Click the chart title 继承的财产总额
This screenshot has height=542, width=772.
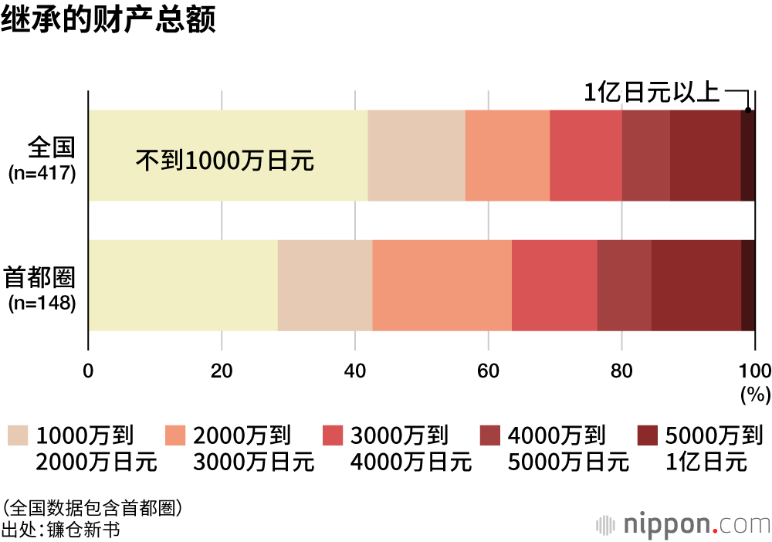[x=107, y=19]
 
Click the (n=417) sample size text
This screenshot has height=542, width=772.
[x=42, y=173]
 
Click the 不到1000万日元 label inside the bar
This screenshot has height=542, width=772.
[x=225, y=161]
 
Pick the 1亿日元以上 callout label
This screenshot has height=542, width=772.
[x=651, y=93]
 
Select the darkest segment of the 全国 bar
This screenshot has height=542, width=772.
[x=747, y=156]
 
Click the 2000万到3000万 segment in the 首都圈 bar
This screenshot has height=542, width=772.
[x=442, y=286]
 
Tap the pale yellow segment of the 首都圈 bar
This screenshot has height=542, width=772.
[x=183, y=286]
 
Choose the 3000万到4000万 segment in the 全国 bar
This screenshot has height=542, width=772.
[x=585, y=156]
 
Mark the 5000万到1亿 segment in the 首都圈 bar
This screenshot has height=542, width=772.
[x=696, y=286]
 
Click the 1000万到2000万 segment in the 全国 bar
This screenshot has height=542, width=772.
[x=416, y=156]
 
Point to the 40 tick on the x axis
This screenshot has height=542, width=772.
[x=355, y=369]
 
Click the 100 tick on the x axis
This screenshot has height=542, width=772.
[x=754, y=369]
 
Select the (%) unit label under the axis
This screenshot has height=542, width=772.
[x=755, y=395]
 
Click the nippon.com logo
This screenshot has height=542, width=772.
[x=683, y=524]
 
